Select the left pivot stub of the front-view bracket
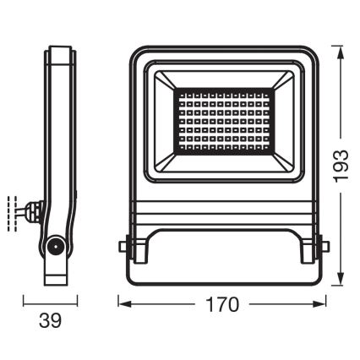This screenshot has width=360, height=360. click(122, 247)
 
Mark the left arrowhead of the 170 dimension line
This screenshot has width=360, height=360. click(120, 303)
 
